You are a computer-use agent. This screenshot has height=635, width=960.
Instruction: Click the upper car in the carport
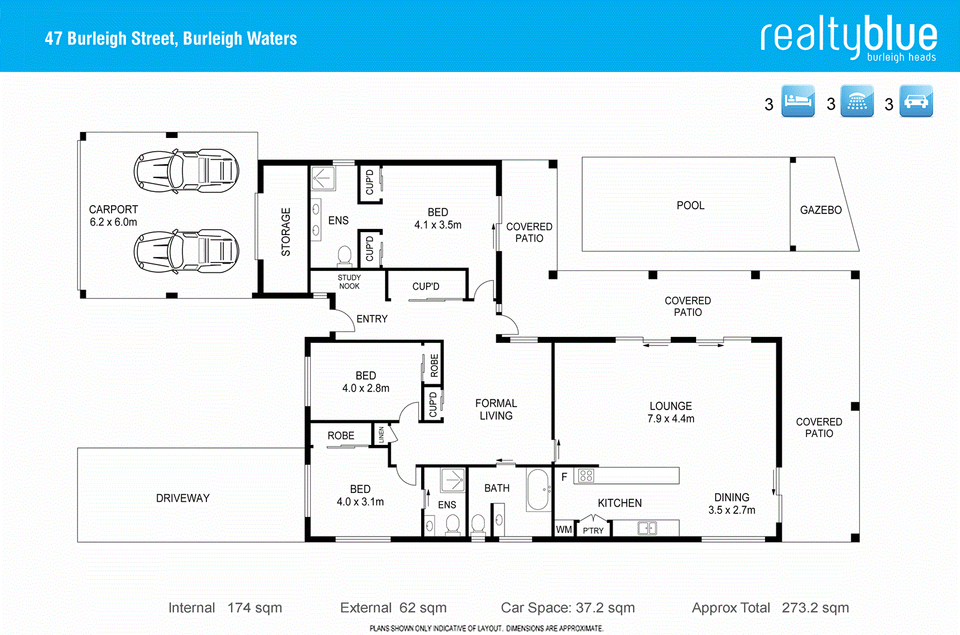click(x=186, y=171)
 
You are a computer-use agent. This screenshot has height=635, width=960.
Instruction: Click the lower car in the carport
click(x=186, y=251)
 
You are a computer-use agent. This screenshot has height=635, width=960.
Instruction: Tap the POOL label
click(x=690, y=206)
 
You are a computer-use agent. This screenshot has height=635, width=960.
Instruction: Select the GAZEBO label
click(x=820, y=210)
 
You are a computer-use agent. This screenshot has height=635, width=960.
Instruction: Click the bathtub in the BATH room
click(x=538, y=489)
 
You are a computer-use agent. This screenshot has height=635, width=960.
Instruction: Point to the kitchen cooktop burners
click(x=586, y=476)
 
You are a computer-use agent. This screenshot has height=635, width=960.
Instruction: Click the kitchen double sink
click(x=647, y=528)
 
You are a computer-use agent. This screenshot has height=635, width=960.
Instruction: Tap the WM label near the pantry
click(x=563, y=529)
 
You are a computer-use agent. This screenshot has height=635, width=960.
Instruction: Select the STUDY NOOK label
click(x=349, y=282)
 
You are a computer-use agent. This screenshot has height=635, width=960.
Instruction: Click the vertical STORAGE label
click(x=286, y=232)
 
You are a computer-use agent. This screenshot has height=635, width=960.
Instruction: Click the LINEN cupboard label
click(x=381, y=435)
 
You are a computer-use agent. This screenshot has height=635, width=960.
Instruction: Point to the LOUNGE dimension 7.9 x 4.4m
click(x=670, y=419)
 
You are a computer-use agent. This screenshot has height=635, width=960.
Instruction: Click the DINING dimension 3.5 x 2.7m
click(x=731, y=510)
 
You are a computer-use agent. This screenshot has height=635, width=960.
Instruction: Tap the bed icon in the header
click(x=798, y=101)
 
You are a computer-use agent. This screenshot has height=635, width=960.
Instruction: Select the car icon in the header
click(x=916, y=101)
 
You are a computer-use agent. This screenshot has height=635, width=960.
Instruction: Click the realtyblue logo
click(x=848, y=38)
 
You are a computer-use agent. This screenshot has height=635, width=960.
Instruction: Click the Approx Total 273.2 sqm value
click(x=815, y=608)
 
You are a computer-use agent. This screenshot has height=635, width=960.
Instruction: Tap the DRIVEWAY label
click(x=182, y=498)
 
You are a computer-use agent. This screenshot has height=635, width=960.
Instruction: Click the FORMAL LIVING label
click(x=496, y=410)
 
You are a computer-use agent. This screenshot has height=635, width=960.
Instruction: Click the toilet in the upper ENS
click(x=344, y=255)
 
